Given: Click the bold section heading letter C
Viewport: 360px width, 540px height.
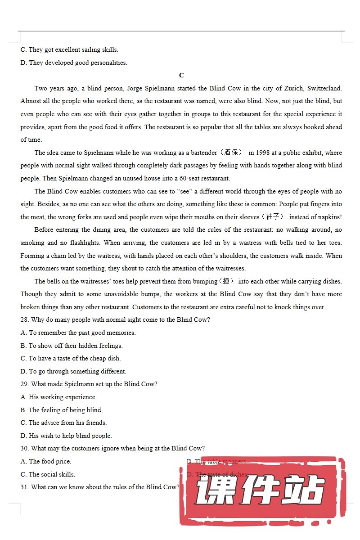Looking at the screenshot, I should point(181,75).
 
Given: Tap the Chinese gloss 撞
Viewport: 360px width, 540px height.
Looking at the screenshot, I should point(228,281).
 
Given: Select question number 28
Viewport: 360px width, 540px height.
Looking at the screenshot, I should point(25,320).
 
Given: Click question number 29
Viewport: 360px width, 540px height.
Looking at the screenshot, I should point(25,384).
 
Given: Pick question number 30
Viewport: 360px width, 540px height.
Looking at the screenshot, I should point(25,449).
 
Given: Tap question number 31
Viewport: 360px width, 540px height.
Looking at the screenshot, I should point(25,487).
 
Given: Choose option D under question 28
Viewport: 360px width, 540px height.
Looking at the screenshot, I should point(73,372).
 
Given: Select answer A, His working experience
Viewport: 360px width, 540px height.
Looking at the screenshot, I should point(58,397).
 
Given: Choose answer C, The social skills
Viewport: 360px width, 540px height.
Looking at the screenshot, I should point(48,474).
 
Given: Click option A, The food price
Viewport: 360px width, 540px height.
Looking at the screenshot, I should point(46,462).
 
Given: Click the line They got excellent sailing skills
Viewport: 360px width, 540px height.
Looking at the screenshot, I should point(69,49).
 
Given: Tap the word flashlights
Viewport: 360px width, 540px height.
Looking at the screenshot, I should point(85,243).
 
